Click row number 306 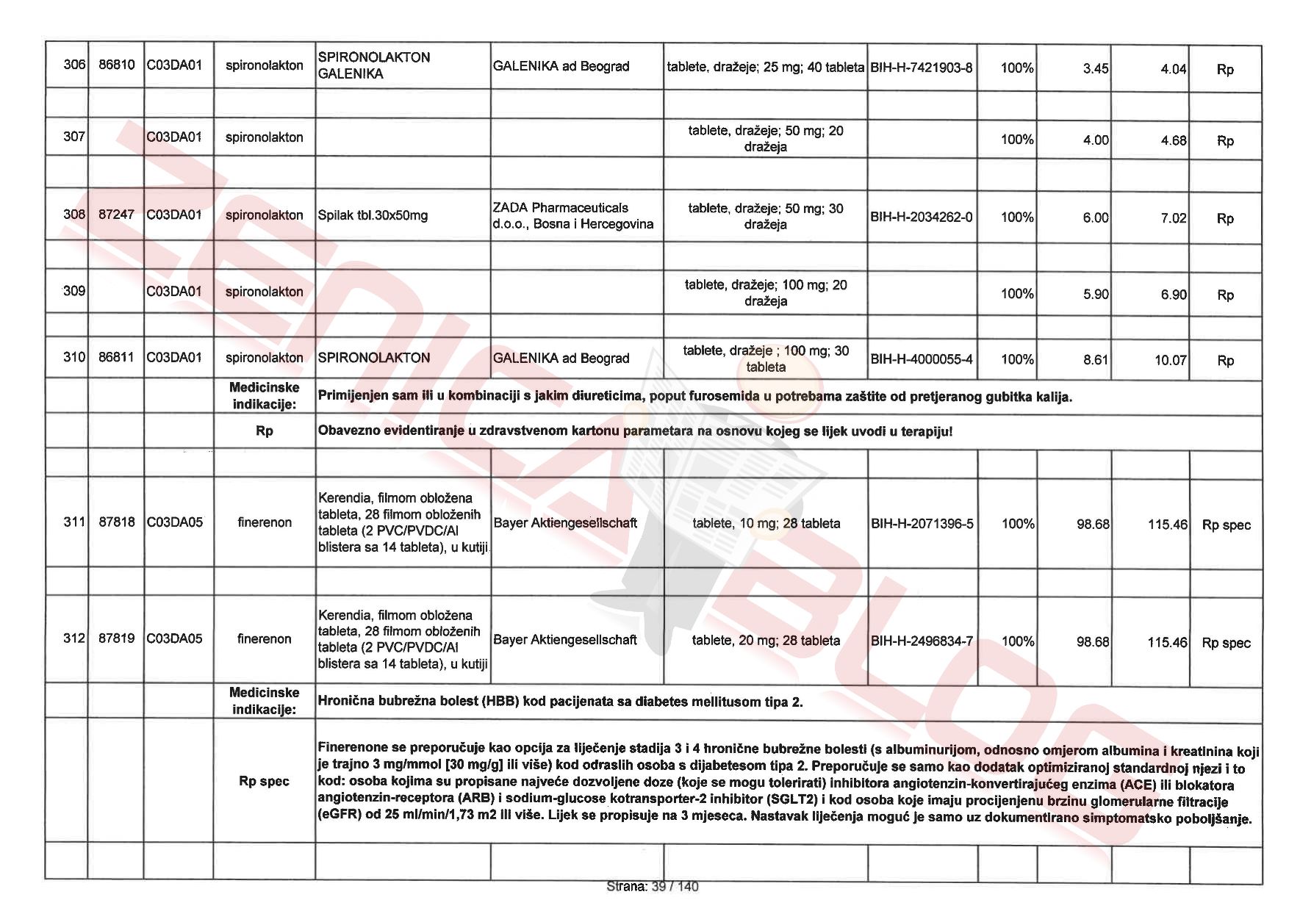(74, 65)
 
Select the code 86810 (116, 65)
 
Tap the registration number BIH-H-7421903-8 (921, 68)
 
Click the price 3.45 (1095, 68)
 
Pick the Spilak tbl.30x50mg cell (373, 215)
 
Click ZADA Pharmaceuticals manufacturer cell (572, 216)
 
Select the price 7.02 (1173, 218)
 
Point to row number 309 (74, 291)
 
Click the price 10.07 (1170, 361)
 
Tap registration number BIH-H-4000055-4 (922, 359)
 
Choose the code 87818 (116, 522)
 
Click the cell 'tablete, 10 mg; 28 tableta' (766, 523)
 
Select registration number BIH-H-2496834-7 (922, 641)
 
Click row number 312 (74, 638)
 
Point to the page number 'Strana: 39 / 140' (652, 887)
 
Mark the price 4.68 (1173, 140)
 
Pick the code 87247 (116, 215)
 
